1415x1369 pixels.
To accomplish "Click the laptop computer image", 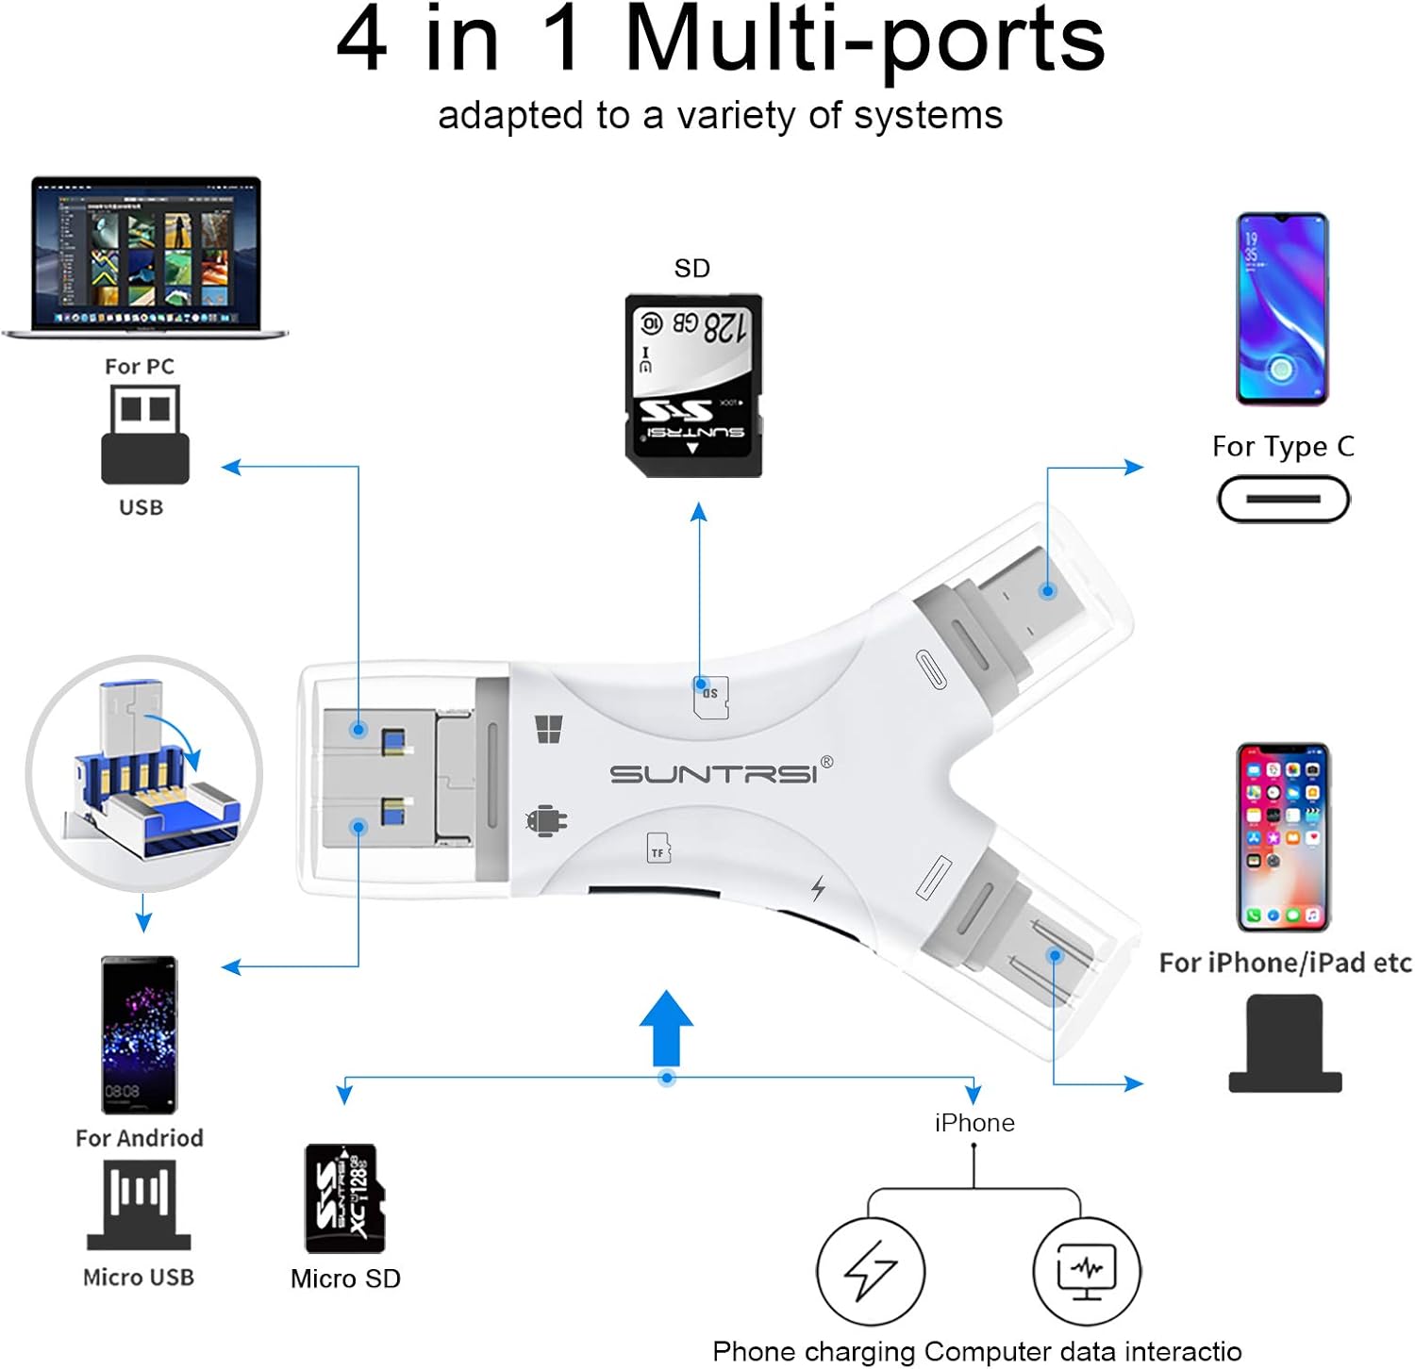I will pyautogui.click(x=145, y=256).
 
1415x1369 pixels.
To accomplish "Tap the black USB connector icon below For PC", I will pyautogui.click(x=145, y=435).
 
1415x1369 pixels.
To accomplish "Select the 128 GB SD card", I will pyautogui.click(x=693, y=386).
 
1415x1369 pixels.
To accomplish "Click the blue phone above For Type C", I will pyautogui.click(x=1282, y=309).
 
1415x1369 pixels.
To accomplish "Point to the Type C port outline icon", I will pyautogui.click(x=1283, y=499).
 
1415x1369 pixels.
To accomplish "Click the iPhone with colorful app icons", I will pyautogui.click(x=1283, y=836).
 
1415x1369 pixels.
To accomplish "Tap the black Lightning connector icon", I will pyautogui.click(x=1284, y=1044).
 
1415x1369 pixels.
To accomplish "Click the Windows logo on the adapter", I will pyautogui.click(x=549, y=729).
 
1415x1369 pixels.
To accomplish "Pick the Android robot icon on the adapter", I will pyautogui.click(x=545, y=821).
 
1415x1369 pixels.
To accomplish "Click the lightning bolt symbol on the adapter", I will pyautogui.click(x=818, y=887).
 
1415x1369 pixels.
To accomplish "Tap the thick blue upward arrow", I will pyautogui.click(x=666, y=1028).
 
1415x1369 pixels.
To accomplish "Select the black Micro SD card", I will pyautogui.click(x=345, y=1198).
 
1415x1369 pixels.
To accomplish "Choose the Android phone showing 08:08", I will pyautogui.click(x=140, y=1034).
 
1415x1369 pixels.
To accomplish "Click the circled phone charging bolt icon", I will pyautogui.click(x=870, y=1270).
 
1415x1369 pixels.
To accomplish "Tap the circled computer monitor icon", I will pyautogui.click(x=1087, y=1270).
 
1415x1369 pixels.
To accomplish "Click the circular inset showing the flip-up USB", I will pyautogui.click(x=144, y=773).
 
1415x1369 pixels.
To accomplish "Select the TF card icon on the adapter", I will pyautogui.click(x=658, y=849).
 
